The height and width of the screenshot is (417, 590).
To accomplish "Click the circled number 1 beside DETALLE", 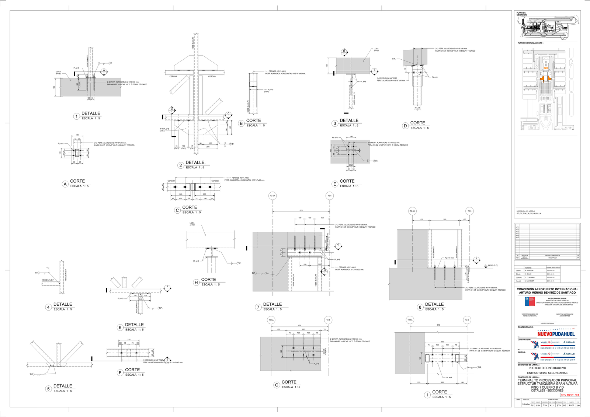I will point(77,116).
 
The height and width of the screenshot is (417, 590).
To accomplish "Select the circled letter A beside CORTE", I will point(65,184).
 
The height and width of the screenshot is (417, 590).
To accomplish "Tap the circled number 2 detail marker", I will point(181,165).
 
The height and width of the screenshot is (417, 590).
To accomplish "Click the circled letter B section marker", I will point(241,123).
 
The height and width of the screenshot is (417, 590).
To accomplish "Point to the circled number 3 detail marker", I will point(335,123).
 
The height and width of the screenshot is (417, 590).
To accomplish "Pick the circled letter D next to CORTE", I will point(405,126).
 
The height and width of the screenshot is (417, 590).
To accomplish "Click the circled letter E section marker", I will point(335,184).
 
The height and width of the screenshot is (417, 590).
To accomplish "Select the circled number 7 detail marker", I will point(258,307).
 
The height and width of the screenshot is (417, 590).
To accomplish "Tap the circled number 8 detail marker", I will point(420,307).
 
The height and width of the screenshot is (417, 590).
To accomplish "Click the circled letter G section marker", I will point(277,385).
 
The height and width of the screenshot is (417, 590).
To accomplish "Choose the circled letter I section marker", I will point(427,395).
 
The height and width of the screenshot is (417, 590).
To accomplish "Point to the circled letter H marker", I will point(196,283).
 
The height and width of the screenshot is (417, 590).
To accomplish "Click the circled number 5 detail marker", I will point(48,389).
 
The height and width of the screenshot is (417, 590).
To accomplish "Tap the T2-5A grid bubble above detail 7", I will point(273,196).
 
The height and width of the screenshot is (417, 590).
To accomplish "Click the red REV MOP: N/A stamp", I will point(570,395).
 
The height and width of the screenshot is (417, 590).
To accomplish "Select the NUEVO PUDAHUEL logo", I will point(556,334).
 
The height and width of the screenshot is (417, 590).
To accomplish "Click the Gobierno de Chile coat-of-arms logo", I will point(530,302).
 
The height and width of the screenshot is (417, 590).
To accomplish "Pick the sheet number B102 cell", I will point(571,405).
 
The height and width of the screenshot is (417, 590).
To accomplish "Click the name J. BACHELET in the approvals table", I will point(530,281).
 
